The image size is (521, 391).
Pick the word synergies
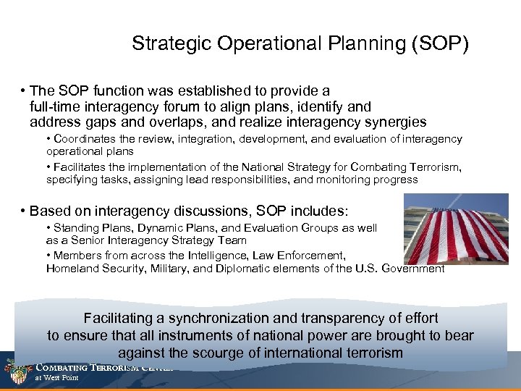(394, 122)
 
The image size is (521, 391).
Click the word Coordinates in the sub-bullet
(83, 139)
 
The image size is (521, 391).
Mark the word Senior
(79, 240)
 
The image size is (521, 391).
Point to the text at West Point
(57, 378)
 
